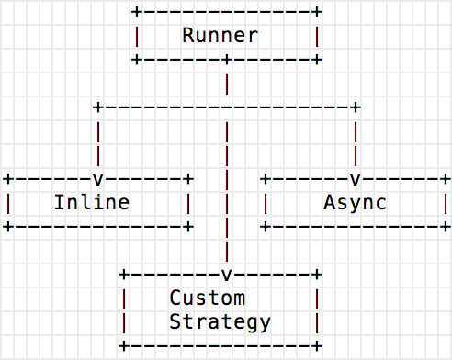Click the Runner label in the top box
pyautogui.click(x=220, y=36)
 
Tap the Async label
pyautogui.click(x=355, y=201)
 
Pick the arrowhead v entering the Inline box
pyautogui.click(x=97, y=177)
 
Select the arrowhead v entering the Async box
pyautogui.click(x=355, y=177)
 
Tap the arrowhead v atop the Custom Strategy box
pyautogui.click(x=226, y=274)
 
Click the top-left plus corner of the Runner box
pyautogui.click(x=136, y=12)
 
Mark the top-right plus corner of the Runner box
pyautogui.click(x=317, y=12)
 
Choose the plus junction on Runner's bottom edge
pyautogui.click(x=226, y=60)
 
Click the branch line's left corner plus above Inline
pyautogui.click(x=97, y=107)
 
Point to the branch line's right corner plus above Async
pyautogui.click(x=355, y=107)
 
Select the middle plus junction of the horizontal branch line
pyautogui.click(x=226, y=107)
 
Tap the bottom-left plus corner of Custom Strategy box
pyautogui.click(x=123, y=346)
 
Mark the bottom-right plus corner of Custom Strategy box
pyautogui.click(x=317, y=346)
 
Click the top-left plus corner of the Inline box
pyautogui.click(x=7, y=177)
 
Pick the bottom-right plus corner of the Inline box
pyautogui.click(x=188, y=225)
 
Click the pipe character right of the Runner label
pyautogui.click(x=317, y=36)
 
